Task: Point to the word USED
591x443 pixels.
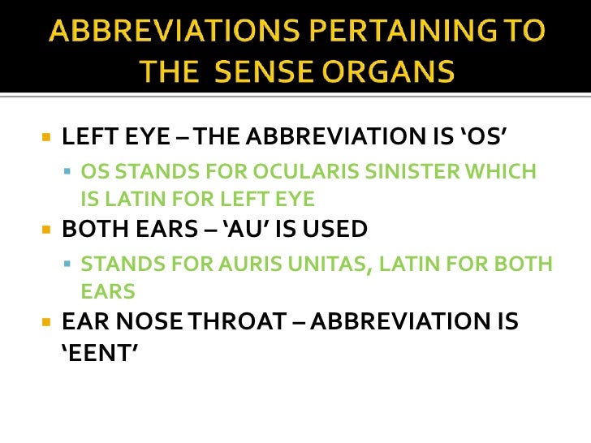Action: [334, 230]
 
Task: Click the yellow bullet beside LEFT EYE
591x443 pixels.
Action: [46, 136]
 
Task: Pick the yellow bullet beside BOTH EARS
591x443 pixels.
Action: [46, 230]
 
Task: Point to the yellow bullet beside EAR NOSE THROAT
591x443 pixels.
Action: [46, 322]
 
